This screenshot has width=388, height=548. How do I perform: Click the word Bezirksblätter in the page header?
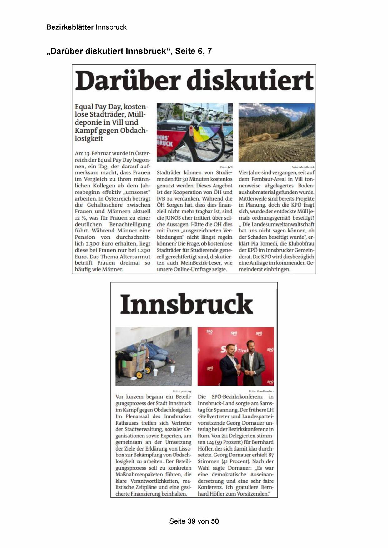(x=70, y=27)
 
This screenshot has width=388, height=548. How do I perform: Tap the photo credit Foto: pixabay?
(x=182, y=391)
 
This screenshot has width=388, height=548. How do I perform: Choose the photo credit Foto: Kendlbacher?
(x=261, y=391)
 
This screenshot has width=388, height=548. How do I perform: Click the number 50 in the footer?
(x=215, y=521)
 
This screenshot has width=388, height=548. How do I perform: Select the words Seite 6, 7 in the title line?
(x=193, y=51)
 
